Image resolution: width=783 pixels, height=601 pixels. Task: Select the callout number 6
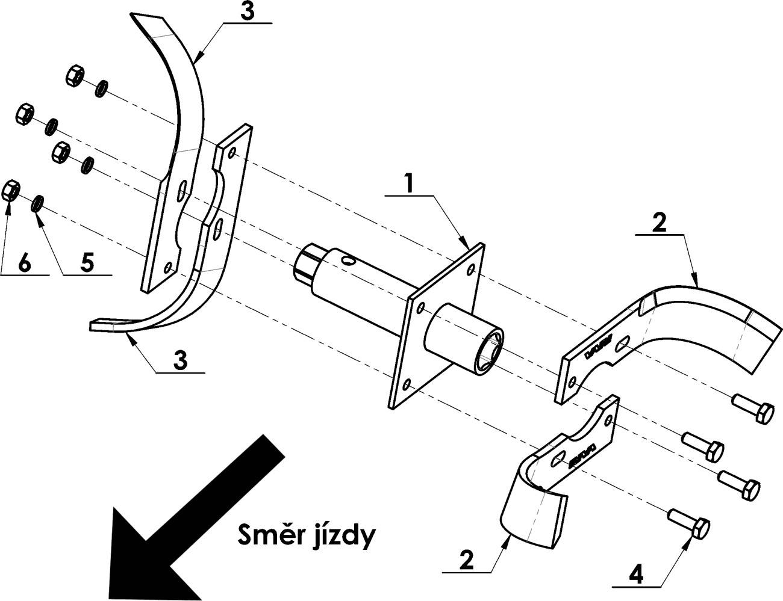click(x=25, y=263)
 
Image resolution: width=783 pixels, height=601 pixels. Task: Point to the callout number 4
click(x=635, y=573)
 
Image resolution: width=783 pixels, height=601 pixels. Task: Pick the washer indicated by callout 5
click(x=37, y=203)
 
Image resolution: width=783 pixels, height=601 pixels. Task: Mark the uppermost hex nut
click(x=75, y=76)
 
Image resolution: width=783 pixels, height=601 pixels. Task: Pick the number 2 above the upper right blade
click(x=659, y=223)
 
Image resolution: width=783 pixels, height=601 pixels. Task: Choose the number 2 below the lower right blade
click(x=466, y=559)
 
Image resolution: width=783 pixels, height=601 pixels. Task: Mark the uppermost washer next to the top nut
click(x=101, y=89)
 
